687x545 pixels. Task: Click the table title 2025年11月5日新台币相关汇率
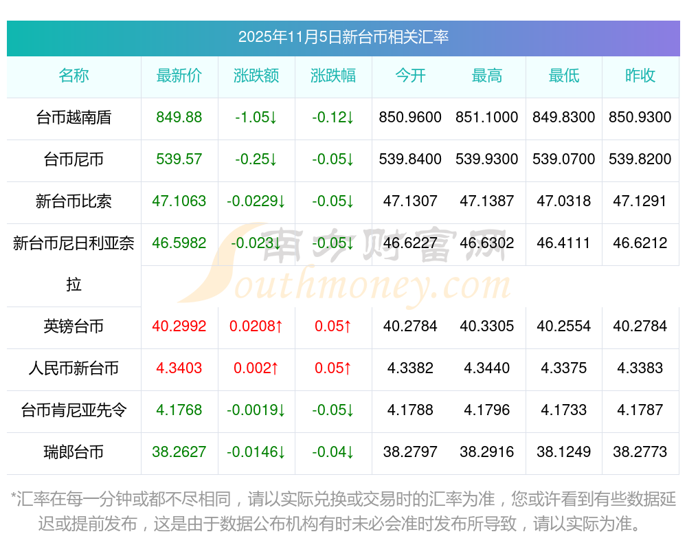point(343,37)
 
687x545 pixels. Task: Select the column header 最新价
point(179,76)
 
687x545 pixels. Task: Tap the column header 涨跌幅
point(333,76)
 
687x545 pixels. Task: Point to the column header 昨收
point(640,76)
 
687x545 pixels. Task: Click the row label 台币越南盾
point(74,118)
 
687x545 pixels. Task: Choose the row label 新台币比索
point(74,201)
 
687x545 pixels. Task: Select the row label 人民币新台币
point(74,368)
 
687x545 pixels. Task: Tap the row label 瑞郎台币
point(74,452)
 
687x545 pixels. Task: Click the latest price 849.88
point(179,118)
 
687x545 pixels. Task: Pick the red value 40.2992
point(179,326)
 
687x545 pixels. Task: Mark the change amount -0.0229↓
point(256,201)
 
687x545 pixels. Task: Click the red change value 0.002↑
point(256,368)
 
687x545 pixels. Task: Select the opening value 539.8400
point(410,159)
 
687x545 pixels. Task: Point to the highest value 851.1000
point(487,118)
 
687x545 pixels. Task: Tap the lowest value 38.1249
point(564,452)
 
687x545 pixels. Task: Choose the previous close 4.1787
point(640,410)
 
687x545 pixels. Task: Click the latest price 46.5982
point(179,243)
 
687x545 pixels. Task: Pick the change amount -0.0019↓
point(256,410)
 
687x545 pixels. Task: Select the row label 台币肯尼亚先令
point(74,410)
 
